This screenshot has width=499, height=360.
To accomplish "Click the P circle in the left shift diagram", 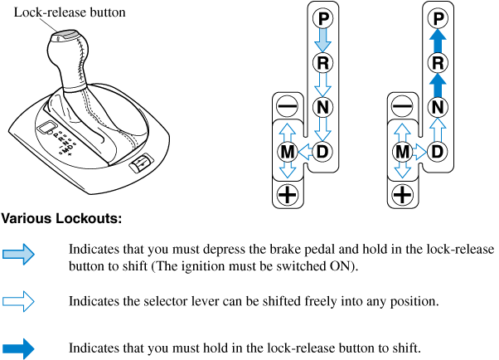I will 322,17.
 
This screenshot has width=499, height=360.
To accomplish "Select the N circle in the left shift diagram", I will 322,106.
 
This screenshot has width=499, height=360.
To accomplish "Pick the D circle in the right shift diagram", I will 439,151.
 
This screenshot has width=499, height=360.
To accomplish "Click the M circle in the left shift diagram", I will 286,151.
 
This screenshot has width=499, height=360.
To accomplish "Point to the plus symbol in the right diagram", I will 402,195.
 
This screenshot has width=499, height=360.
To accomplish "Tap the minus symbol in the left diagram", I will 286,106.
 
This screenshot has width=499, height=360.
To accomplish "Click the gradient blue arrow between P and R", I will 322,39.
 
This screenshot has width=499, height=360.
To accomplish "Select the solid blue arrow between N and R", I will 439,84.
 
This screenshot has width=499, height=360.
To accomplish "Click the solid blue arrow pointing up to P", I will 439,39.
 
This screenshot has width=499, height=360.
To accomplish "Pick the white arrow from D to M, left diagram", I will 304,151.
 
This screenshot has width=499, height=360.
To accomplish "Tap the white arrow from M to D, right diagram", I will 421,151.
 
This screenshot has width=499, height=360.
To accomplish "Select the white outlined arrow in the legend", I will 18,301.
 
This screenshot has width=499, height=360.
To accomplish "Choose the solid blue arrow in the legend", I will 18,348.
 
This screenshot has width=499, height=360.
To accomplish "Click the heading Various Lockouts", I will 61,220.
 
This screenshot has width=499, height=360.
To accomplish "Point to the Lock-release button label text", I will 58,12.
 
